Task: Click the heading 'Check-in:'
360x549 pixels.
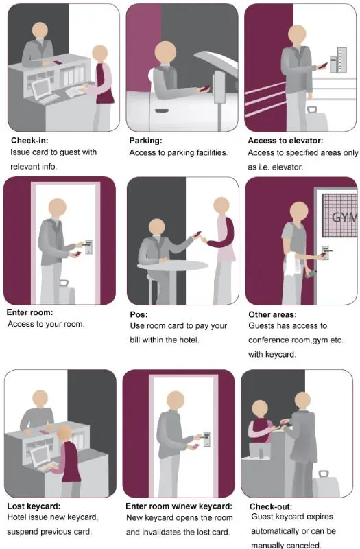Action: click(29, 141)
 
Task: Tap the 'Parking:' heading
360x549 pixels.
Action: click(145, 141)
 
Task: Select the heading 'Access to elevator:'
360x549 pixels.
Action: click(285, 141)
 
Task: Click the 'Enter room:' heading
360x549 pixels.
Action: click(29, 312)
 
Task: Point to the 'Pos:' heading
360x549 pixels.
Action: click(139, 314)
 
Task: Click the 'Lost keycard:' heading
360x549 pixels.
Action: click(34, 506)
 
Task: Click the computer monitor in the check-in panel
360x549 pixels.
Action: click(41, 87)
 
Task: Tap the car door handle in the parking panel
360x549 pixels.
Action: click(161, 110)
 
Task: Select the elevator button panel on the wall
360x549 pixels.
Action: click(338, 60)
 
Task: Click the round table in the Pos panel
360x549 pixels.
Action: click(173, 266)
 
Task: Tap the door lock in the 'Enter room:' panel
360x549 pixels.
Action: click(88, 247)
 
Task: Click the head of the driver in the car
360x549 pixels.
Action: click(165, 53)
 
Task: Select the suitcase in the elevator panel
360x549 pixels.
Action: click(316, 119)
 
